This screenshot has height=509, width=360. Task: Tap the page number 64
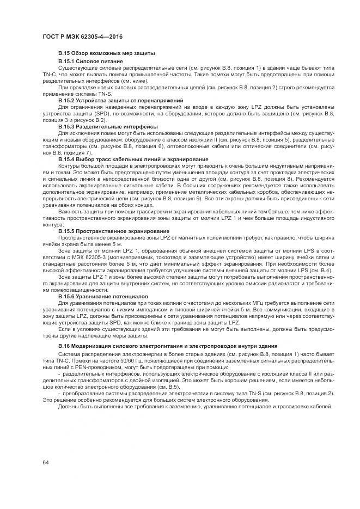point(46,462)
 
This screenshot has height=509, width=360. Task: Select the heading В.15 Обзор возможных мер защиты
point(107,53)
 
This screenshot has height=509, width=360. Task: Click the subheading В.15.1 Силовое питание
point(90,62)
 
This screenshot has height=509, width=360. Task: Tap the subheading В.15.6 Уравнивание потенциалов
point(102,296)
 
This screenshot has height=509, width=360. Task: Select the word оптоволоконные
point(207,146)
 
